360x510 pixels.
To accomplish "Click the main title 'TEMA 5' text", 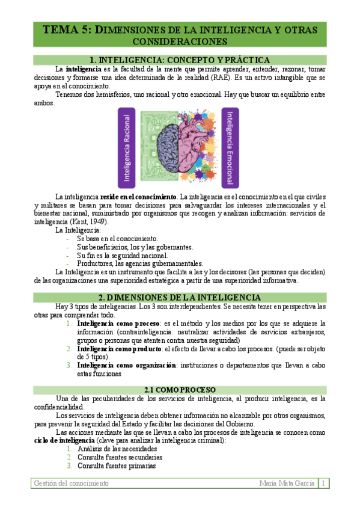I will point(67,29).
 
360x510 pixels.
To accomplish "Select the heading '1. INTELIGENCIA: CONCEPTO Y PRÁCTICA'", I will point(179,60).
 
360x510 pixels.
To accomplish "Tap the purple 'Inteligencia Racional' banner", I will point(127,148).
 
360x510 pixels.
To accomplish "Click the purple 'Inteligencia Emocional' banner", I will point(230,148).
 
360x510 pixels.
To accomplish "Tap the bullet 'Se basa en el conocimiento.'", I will point(118,238).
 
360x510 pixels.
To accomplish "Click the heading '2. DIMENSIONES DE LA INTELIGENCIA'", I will point(179,297).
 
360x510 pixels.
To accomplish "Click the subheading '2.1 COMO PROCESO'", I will point(179,389).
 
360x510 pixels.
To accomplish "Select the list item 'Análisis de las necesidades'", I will point(117,449).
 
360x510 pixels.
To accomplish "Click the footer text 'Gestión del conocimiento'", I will point(71,483).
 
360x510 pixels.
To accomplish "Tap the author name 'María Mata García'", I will point(287,483).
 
